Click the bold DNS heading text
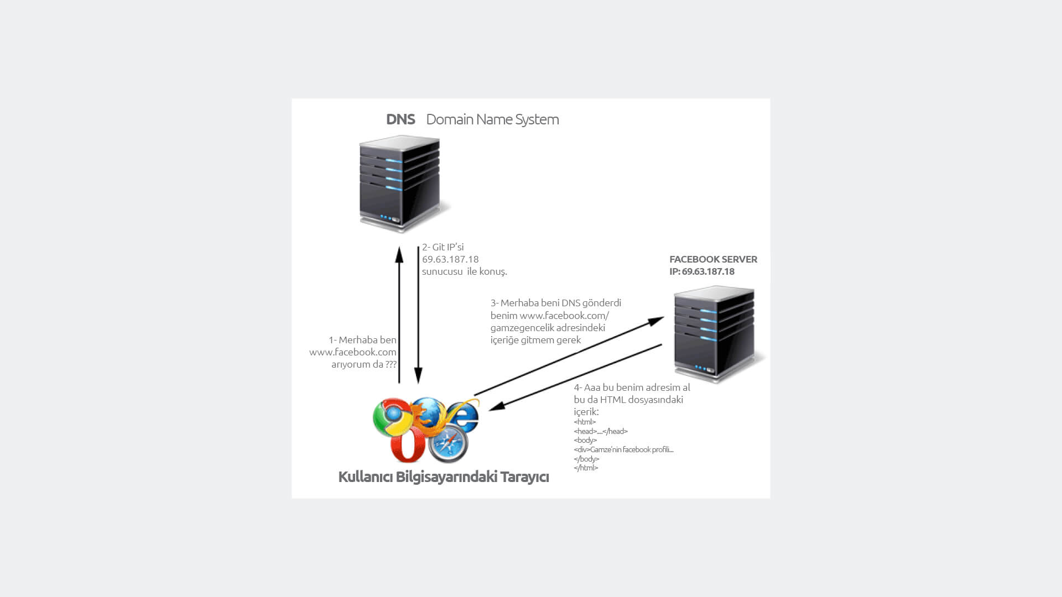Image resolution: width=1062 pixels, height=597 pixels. point(400,119)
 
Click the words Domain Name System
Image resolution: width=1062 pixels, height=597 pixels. point(492,119)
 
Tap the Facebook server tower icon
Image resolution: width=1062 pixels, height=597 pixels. point(715,333)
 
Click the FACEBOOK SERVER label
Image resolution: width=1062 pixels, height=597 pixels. point(713,259)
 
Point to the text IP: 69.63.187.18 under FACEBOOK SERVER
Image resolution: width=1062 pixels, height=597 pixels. point(702,271)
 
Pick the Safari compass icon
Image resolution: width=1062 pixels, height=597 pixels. point(449,444)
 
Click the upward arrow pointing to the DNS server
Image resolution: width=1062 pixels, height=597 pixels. point(399,315)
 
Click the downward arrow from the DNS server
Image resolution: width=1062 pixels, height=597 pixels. point(419,315)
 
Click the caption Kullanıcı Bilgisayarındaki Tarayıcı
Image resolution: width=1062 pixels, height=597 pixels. point(443,477)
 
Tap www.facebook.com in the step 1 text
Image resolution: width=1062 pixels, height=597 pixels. point(353,352)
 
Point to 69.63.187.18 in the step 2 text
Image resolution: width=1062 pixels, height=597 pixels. point(450,259)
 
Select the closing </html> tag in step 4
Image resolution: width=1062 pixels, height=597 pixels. point(586,468)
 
